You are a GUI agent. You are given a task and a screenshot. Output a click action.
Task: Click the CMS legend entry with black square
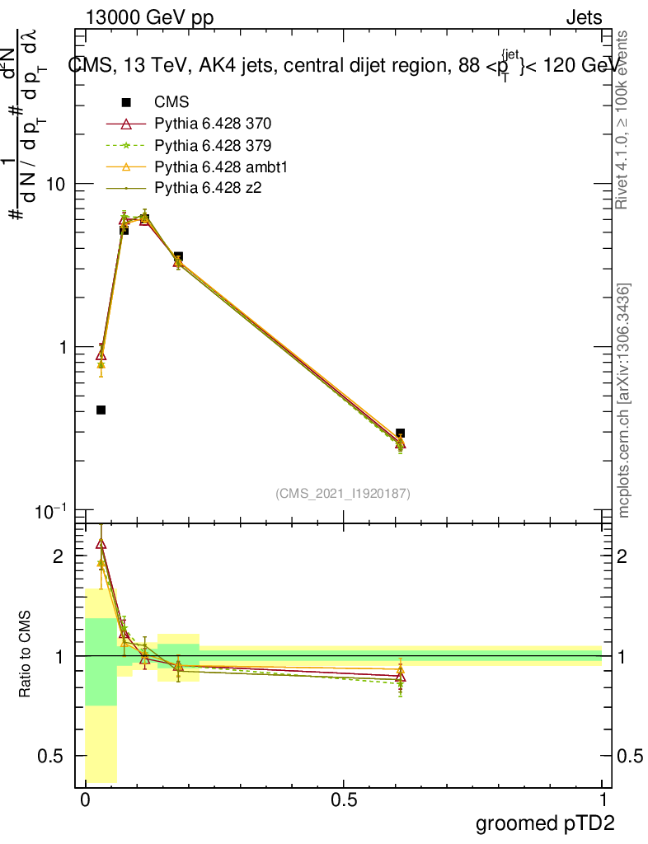(x=171, y=102)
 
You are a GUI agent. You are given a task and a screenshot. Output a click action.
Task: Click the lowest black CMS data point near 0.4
(x=101, y=410)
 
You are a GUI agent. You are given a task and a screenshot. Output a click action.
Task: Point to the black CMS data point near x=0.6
(x=400, y=433)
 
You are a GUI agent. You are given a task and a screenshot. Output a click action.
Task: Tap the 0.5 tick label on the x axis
(x=344, y=800)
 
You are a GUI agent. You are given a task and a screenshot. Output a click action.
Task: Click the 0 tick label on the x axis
(x=85, y=800)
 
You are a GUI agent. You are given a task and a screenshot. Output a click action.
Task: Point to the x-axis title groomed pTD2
(x=544, y=823)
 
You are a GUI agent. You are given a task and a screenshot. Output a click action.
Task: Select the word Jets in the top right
(x=583, y=17)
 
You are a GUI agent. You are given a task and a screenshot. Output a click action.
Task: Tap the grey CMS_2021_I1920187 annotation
(x=343, y=493)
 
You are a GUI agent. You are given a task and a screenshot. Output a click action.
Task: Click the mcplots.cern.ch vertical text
(x=625, y=400)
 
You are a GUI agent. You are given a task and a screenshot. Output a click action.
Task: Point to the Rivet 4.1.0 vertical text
(x=624, y=120)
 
